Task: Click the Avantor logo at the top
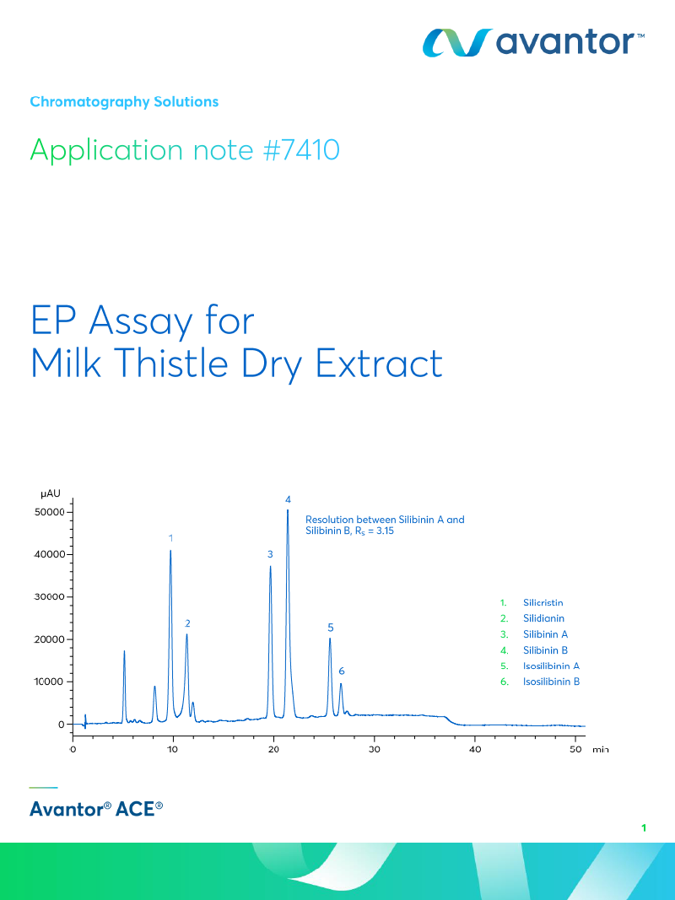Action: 534,41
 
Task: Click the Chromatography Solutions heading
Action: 124,102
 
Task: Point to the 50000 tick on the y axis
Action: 49,512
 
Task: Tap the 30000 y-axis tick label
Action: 49,597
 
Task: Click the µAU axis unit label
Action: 51,493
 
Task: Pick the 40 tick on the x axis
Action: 475,749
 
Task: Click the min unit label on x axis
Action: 600,749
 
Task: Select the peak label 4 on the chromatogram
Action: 288,499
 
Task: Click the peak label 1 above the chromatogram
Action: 170,537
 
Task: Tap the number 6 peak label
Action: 341,671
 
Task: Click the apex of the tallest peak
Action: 288,510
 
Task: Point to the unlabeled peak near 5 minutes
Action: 124,651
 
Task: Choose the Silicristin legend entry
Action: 543,602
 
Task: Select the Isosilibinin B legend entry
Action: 550,682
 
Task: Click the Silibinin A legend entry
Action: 545,634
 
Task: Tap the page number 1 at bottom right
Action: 643,828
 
